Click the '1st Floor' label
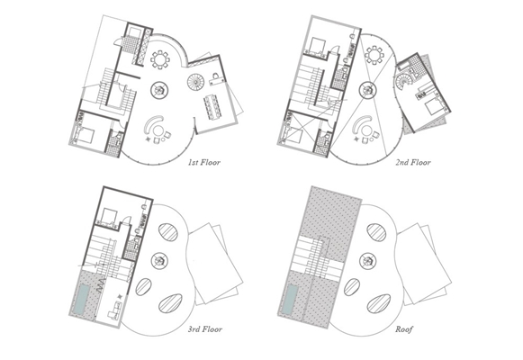pos(204,163)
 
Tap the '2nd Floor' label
pos(413,162)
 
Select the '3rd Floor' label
pos(205,329)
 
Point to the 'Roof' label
pos(404,329)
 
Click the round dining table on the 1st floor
pos(160,60)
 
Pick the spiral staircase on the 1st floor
pos(195,82)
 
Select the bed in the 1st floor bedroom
pos(84,135)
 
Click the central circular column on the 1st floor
pos(159,90)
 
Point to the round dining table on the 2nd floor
pos(374,55)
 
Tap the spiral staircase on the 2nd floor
pos(404,82)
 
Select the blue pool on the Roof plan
pos(290,299)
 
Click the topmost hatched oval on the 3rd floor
pos(168,232)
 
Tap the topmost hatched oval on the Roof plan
pos(376,232)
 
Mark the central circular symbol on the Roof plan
pos(368,260)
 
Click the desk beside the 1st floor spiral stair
pos(216,78)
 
